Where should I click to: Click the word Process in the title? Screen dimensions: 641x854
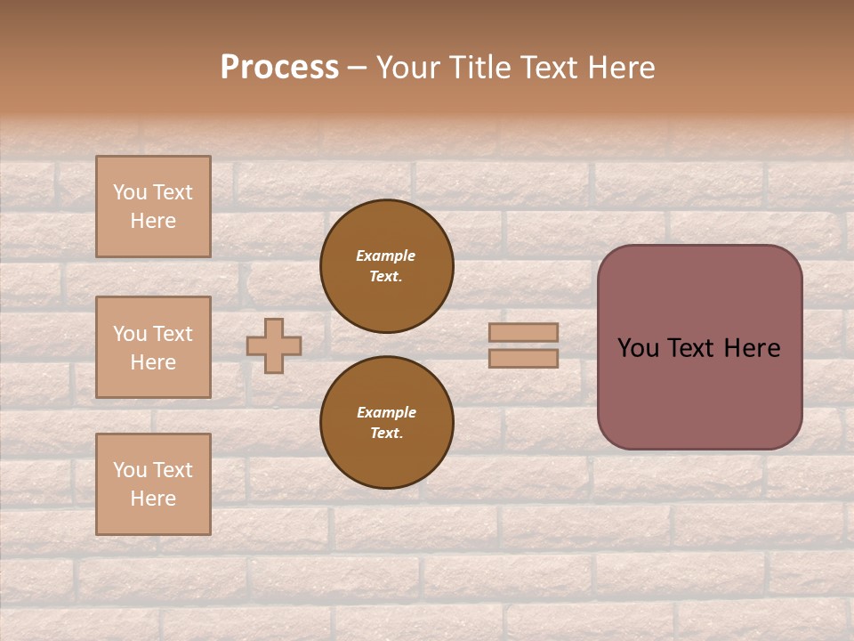[279, 68]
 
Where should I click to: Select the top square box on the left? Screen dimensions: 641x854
[153, 207]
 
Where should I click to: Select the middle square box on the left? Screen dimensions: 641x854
[153, 347]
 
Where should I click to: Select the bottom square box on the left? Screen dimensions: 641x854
[153, 483]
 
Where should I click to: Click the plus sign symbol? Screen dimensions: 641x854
[274, 345]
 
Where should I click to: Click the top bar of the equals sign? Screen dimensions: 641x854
[523, 332]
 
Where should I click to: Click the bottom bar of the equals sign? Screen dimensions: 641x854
[523, 358]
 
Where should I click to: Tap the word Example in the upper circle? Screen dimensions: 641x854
[385, 256]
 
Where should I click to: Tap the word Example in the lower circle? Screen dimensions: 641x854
[386, 412]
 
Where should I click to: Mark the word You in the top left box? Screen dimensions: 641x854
[129, 192]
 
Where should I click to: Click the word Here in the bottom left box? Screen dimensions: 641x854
[153, 499]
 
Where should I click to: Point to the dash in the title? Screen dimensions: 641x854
[357, 69]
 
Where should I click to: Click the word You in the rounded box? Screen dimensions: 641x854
[638, 348]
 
